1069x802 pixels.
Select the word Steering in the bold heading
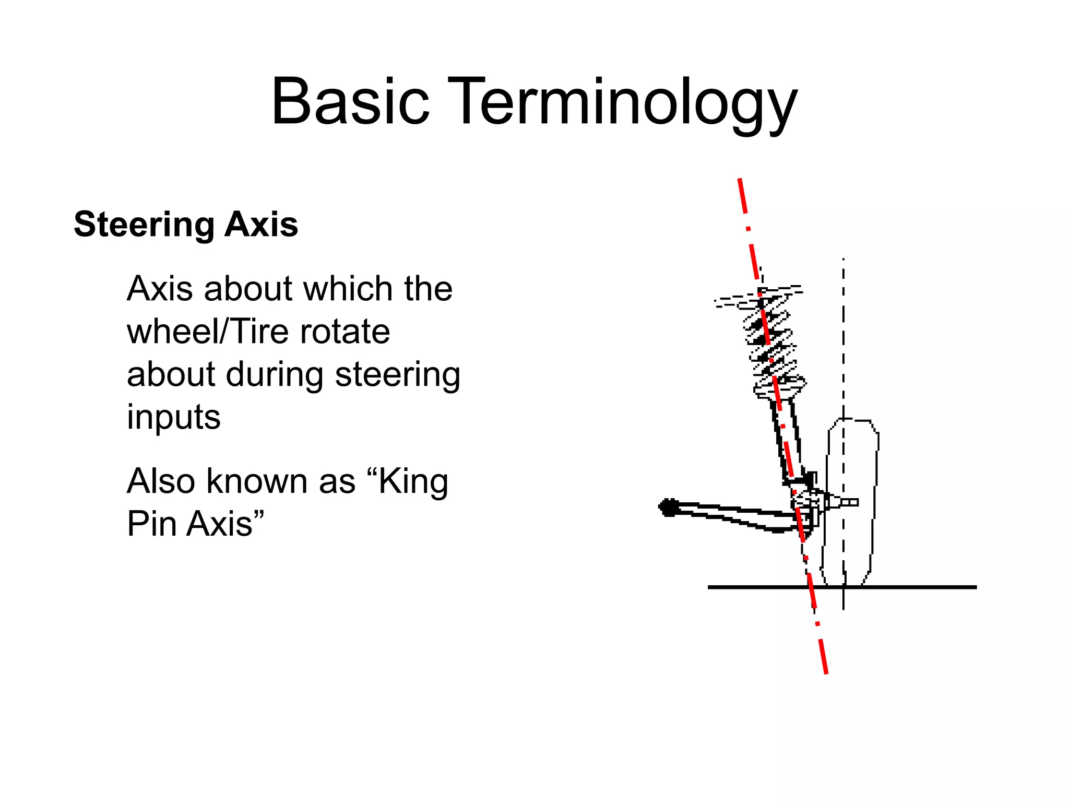(x=144, y=225)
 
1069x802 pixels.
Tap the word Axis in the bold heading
(x=261, y=225)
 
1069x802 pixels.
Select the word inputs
(x=173, y=418)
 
